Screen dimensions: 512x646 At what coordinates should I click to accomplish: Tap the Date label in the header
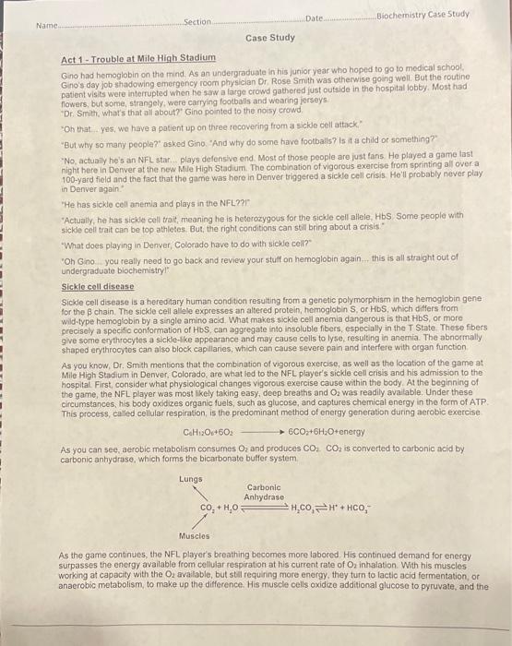pyautogui.click(x=315, y=18)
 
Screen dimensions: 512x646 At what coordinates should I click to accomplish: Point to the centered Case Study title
pyautogui.click(x=270, y=38)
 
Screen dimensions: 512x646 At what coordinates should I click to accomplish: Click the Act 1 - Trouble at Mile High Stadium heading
pyautogui.click(x=137, y=58)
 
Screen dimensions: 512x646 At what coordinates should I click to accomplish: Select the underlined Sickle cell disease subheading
pyautogui.click(x=97, y=288)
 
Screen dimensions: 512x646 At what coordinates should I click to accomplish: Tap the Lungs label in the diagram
pyautogui.click(x=191, y=479)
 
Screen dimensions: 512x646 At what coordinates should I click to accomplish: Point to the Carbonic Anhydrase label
pyautogui.click(x=264, y=492)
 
